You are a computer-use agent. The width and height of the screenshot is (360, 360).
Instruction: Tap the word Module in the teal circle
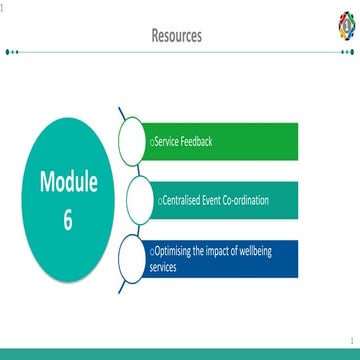click(x=68, y=182)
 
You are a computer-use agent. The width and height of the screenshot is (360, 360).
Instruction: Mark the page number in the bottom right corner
click(x=353, y=342)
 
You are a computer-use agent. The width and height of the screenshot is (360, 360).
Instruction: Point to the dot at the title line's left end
click(x=8, y=51)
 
